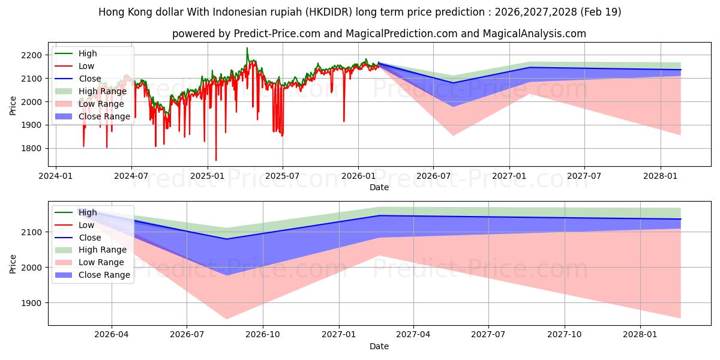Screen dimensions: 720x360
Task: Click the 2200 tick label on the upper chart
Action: [31, 55]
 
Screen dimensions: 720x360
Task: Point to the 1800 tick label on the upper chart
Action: [31, 149]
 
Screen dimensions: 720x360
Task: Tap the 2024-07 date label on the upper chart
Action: [131, 176]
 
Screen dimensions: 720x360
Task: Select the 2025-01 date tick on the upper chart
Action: [208, 176]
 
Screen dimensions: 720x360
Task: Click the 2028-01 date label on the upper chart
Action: [660, 176]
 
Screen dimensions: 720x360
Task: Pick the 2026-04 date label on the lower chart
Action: [112, 335]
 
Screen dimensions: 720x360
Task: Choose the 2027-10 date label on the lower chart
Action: [565, 335]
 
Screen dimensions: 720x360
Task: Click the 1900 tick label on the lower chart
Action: [31, 303]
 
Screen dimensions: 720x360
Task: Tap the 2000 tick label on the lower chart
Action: [31, 268]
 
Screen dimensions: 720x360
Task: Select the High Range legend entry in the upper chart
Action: [91, 91]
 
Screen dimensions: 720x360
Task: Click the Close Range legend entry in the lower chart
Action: [92, 275]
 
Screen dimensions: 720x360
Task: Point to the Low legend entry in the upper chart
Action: [74, 66]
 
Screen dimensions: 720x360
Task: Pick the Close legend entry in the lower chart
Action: [78, 238]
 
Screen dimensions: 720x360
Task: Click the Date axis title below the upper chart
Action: [379, 187]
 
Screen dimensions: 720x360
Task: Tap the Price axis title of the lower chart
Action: [13, 264]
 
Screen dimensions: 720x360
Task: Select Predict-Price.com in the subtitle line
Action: [277, 34]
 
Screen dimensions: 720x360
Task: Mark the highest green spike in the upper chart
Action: [247, 48]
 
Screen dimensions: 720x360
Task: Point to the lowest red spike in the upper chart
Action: [216, 160]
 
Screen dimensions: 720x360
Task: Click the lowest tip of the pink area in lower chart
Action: [226, 319]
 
